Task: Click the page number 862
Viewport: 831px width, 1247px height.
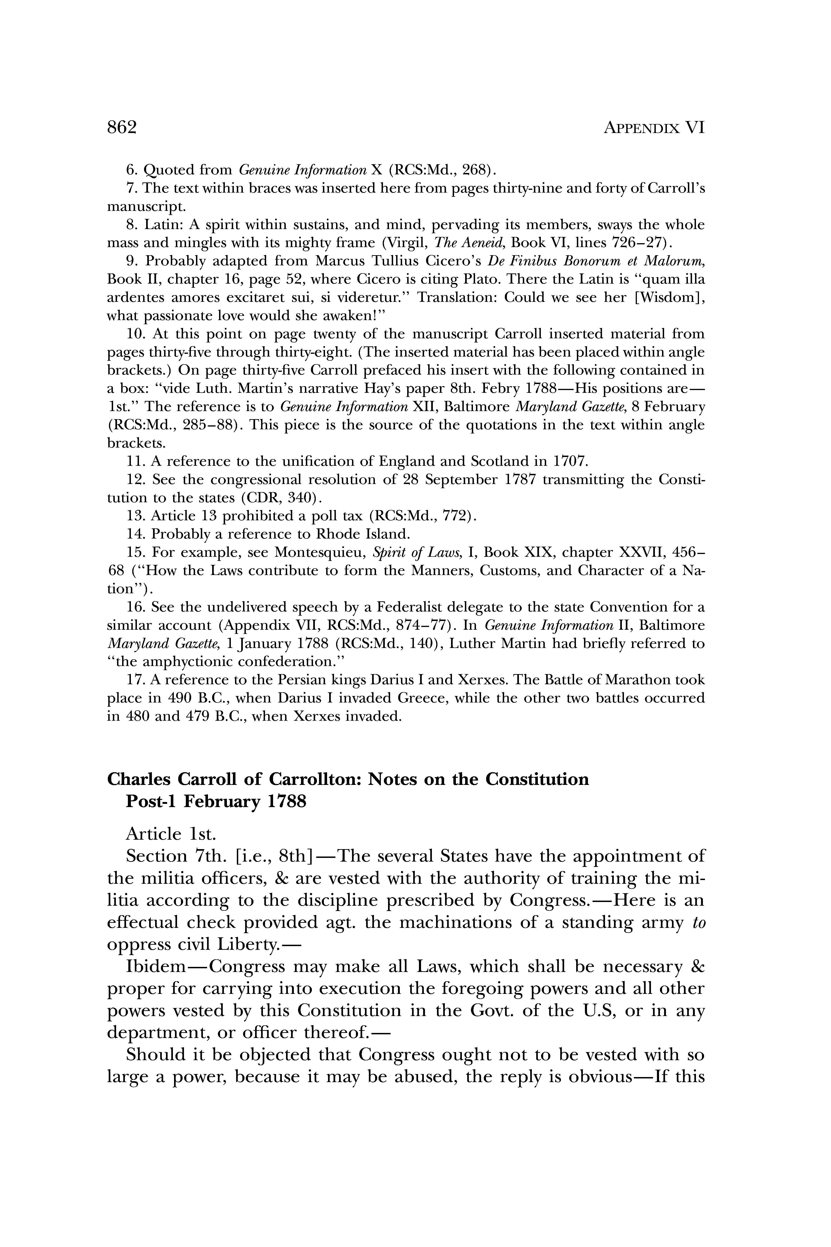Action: click(122, 128)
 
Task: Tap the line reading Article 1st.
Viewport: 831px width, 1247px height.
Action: click(171, 834)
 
